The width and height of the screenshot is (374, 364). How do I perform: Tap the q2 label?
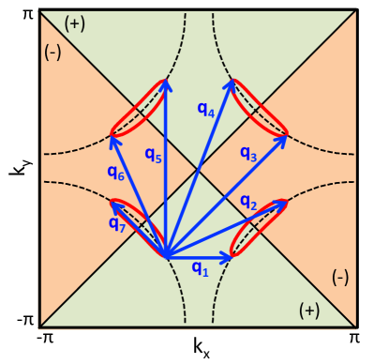tap(248, 203)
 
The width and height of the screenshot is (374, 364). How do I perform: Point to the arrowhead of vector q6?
tap(111, 137)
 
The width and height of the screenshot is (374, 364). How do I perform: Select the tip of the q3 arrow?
tap(286, 136)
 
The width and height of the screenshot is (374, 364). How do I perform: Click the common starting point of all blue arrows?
tap(166, 256)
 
